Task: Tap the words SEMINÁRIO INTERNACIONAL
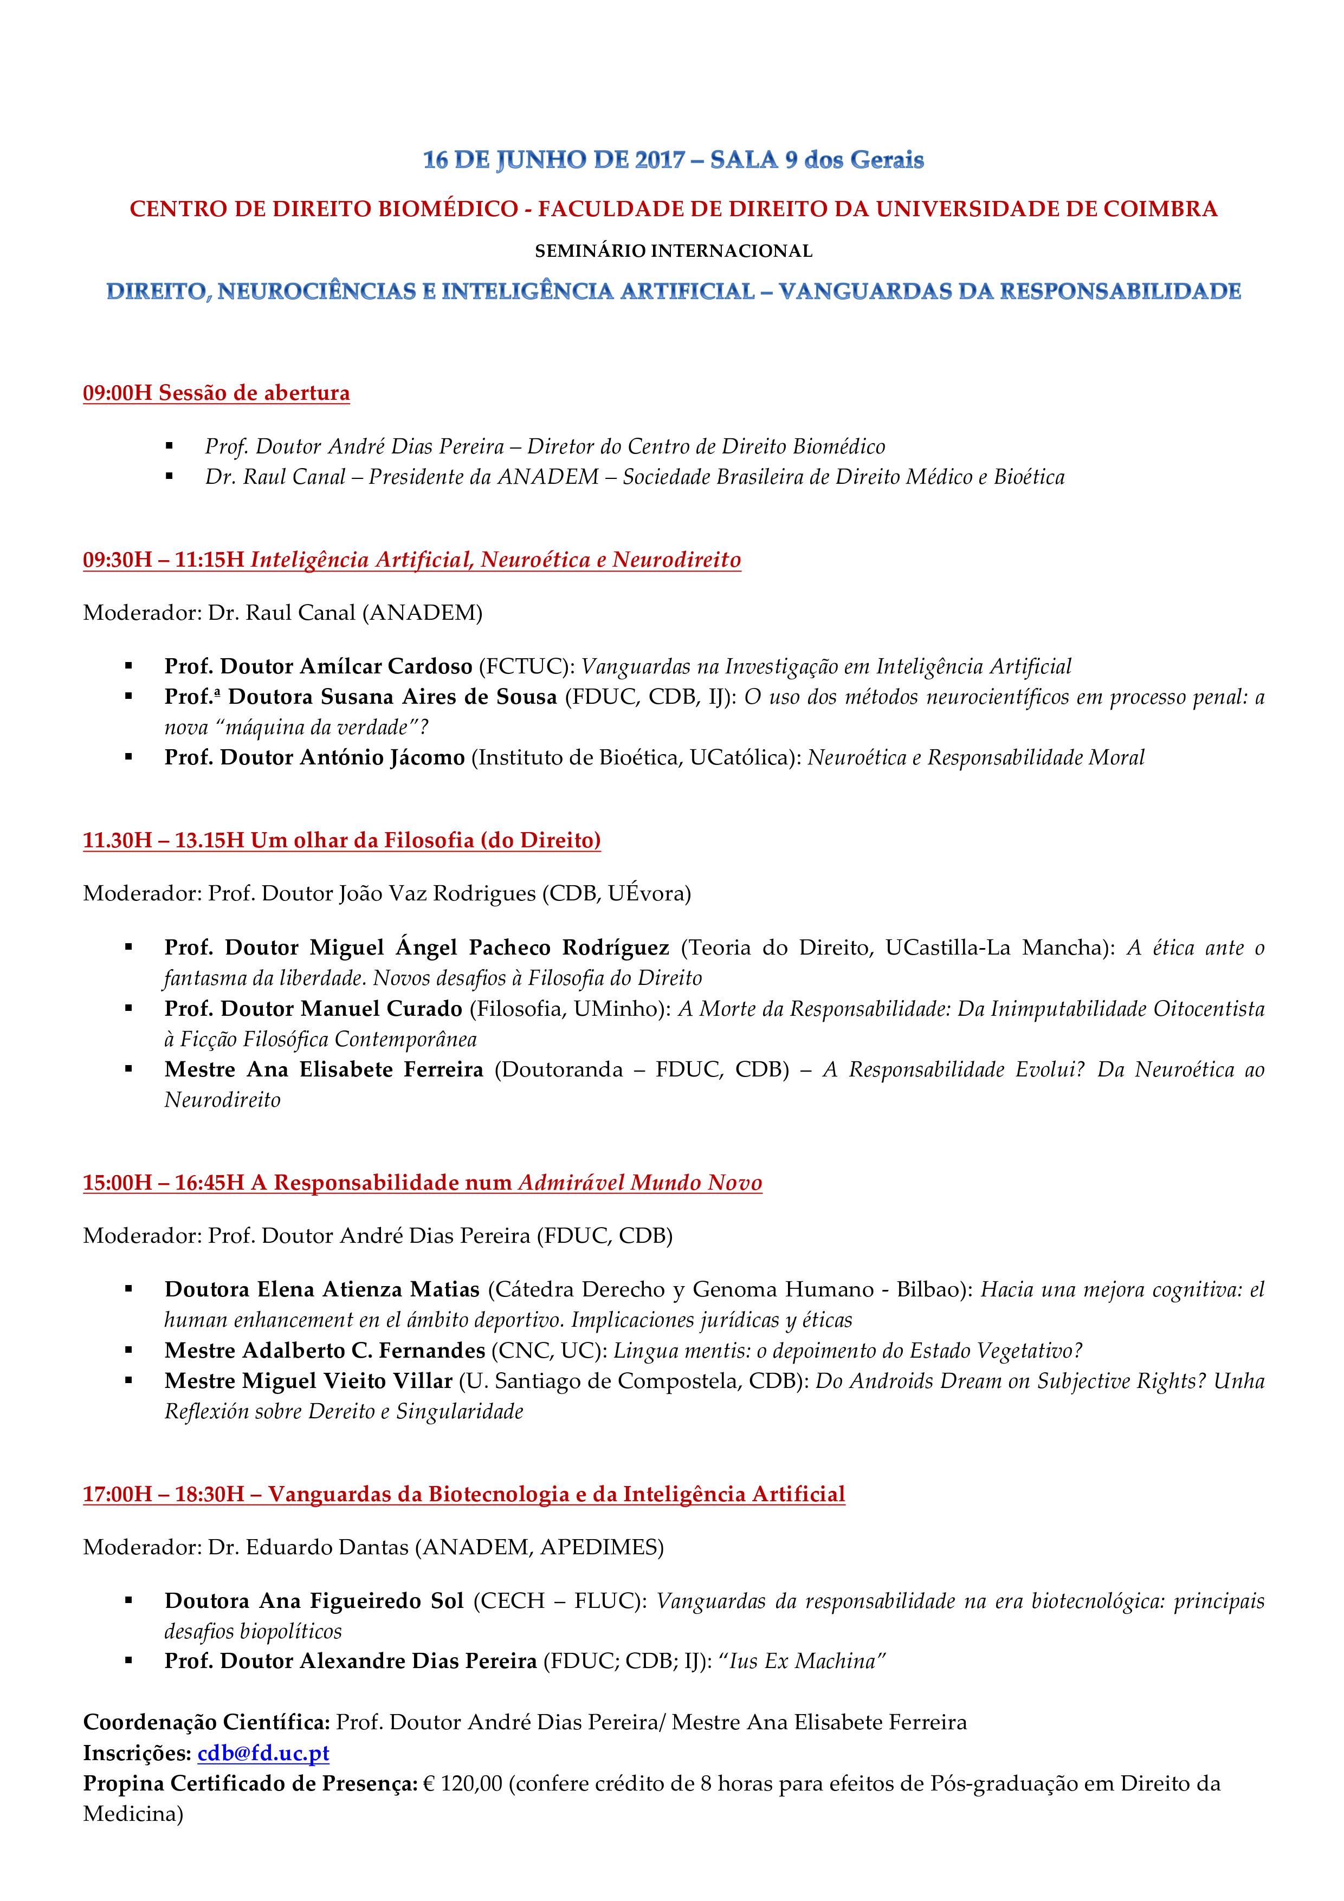(x=673, y=250)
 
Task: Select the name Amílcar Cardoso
(x=387, y=666)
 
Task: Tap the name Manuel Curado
(x=381, y=1008)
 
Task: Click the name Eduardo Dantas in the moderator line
(x=327, y=1547)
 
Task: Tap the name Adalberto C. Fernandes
(x=363, y=1351)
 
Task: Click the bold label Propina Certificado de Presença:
(x=250, y=1783)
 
